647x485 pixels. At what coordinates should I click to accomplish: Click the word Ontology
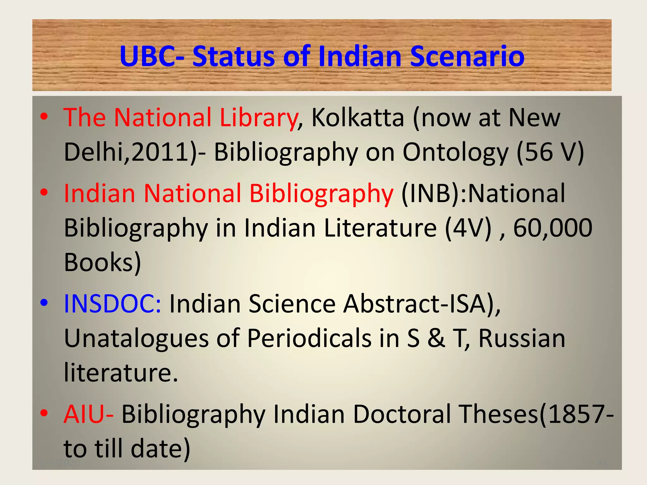click(455, 153)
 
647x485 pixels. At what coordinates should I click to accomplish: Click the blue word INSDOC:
click(112, 303)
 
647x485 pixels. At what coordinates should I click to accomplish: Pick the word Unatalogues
click(136, 338)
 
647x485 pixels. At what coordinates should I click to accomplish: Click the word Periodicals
click(309, 338)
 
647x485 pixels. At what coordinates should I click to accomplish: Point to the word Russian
click(522, 338)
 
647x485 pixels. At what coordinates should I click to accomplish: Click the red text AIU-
click(88, 414)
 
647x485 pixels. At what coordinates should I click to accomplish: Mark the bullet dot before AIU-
click(44, 413)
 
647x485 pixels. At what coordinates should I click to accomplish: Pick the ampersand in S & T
click(436, 338)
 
